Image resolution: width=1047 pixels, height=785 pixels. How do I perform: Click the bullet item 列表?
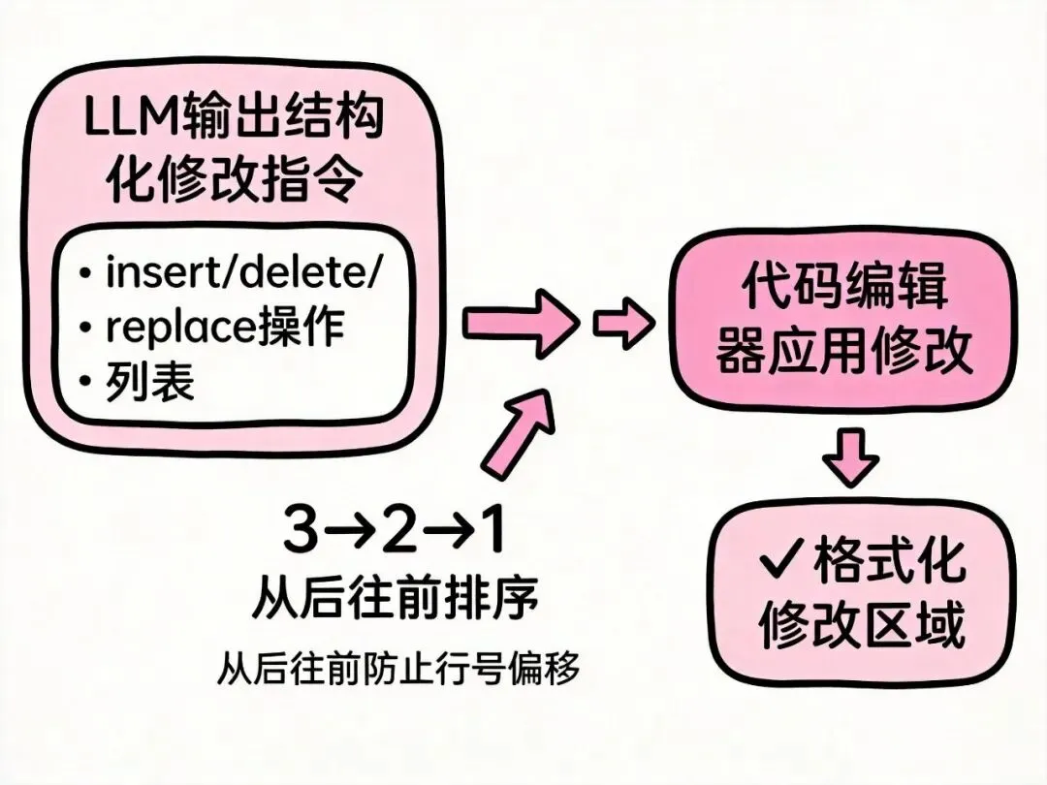tap(150, 383)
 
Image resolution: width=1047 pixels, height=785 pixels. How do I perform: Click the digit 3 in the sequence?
tap(301, 530)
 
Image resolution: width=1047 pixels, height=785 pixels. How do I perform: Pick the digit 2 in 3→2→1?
tap(396, 530)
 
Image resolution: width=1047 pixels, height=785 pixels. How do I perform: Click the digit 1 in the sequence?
tap(492, 530)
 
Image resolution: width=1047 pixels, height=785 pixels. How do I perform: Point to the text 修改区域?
tap(862, 624)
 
